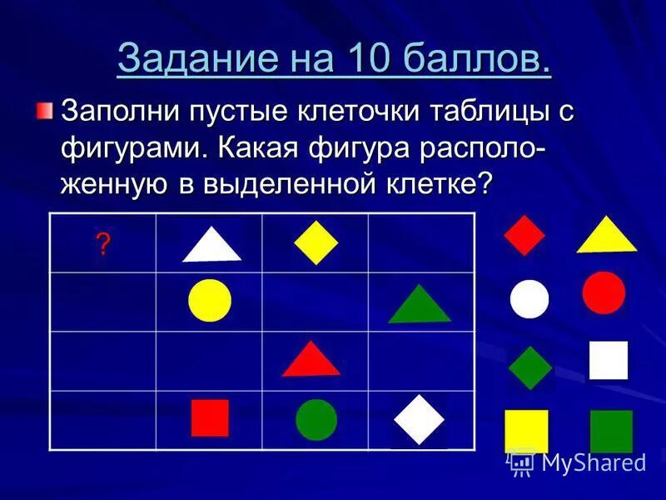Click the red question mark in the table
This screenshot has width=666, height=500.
103,244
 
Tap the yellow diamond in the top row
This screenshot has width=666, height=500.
316,242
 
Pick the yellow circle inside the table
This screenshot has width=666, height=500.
210,301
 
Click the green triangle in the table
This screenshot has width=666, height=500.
420,306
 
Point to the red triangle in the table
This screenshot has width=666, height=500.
311,360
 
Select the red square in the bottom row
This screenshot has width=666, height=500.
210,418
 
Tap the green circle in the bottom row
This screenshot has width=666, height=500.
316,419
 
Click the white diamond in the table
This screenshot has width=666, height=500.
420,419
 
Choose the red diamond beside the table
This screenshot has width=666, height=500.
524,235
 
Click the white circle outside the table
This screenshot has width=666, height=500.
529,299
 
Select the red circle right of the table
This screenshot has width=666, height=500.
604,292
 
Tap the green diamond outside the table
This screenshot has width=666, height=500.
530,367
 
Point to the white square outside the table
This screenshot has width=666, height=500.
609,360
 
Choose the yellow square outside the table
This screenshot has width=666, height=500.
527,431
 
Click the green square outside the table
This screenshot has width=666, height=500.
611,431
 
